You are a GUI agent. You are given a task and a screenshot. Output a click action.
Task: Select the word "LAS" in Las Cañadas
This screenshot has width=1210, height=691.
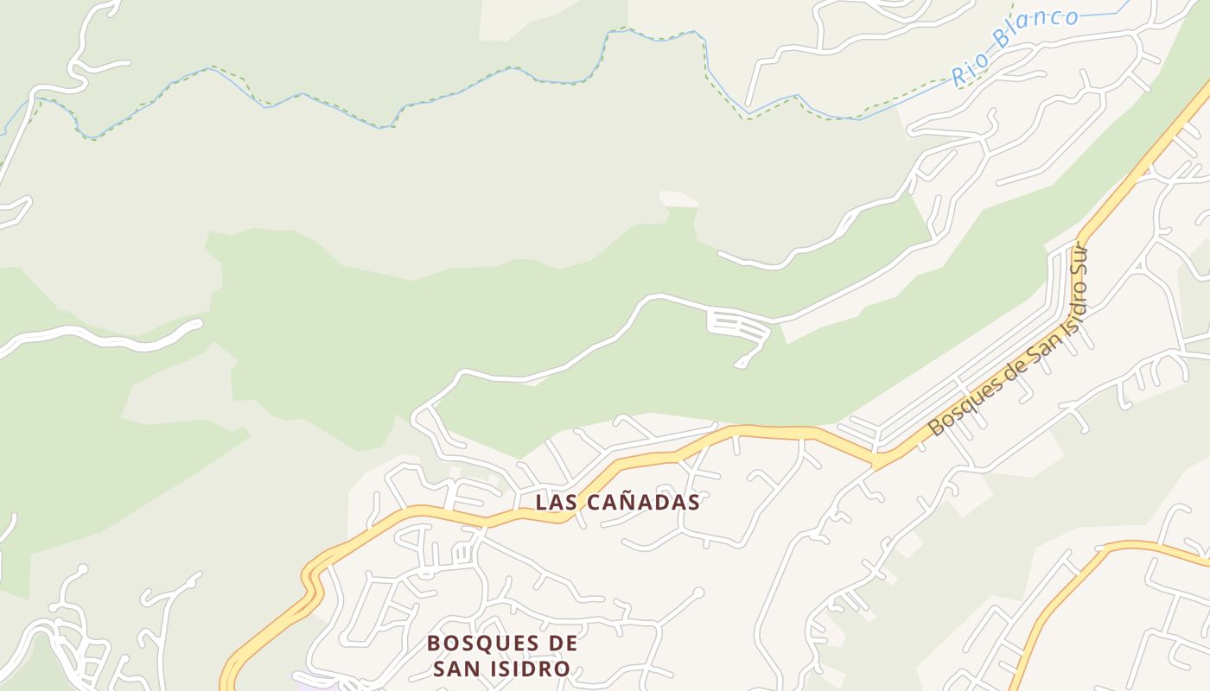(553, 502)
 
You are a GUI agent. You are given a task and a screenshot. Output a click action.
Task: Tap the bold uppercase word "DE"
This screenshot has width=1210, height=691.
(563, 643)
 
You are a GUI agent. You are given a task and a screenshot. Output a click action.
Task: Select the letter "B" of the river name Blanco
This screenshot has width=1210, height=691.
(1002, 41)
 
